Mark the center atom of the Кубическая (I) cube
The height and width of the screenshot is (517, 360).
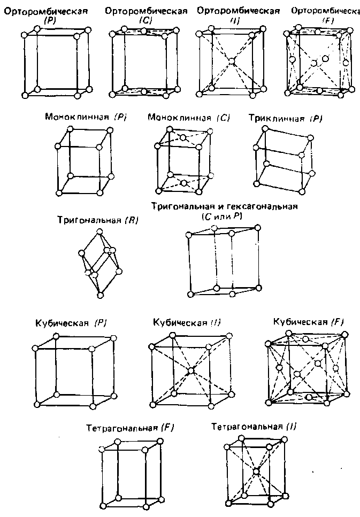pyautogui.click(x=191, y=370)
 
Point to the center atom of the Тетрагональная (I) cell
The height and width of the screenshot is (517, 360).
pyautogui.click(x=256, y=471)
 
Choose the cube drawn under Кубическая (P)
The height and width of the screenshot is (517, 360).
pyautogui.click(x=74, y=372)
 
